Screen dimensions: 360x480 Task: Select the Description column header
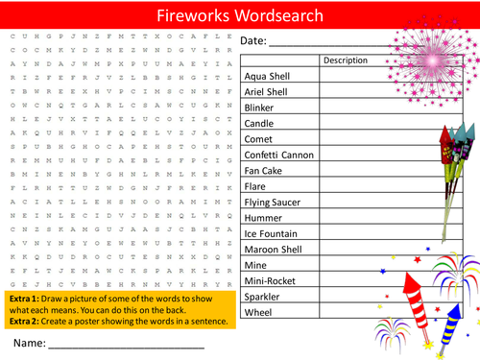pos(346,60)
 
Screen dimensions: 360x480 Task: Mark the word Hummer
pos(264,218)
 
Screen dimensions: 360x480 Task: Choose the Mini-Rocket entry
pos(271,280)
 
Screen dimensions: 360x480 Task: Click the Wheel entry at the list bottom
pos(259,312)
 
